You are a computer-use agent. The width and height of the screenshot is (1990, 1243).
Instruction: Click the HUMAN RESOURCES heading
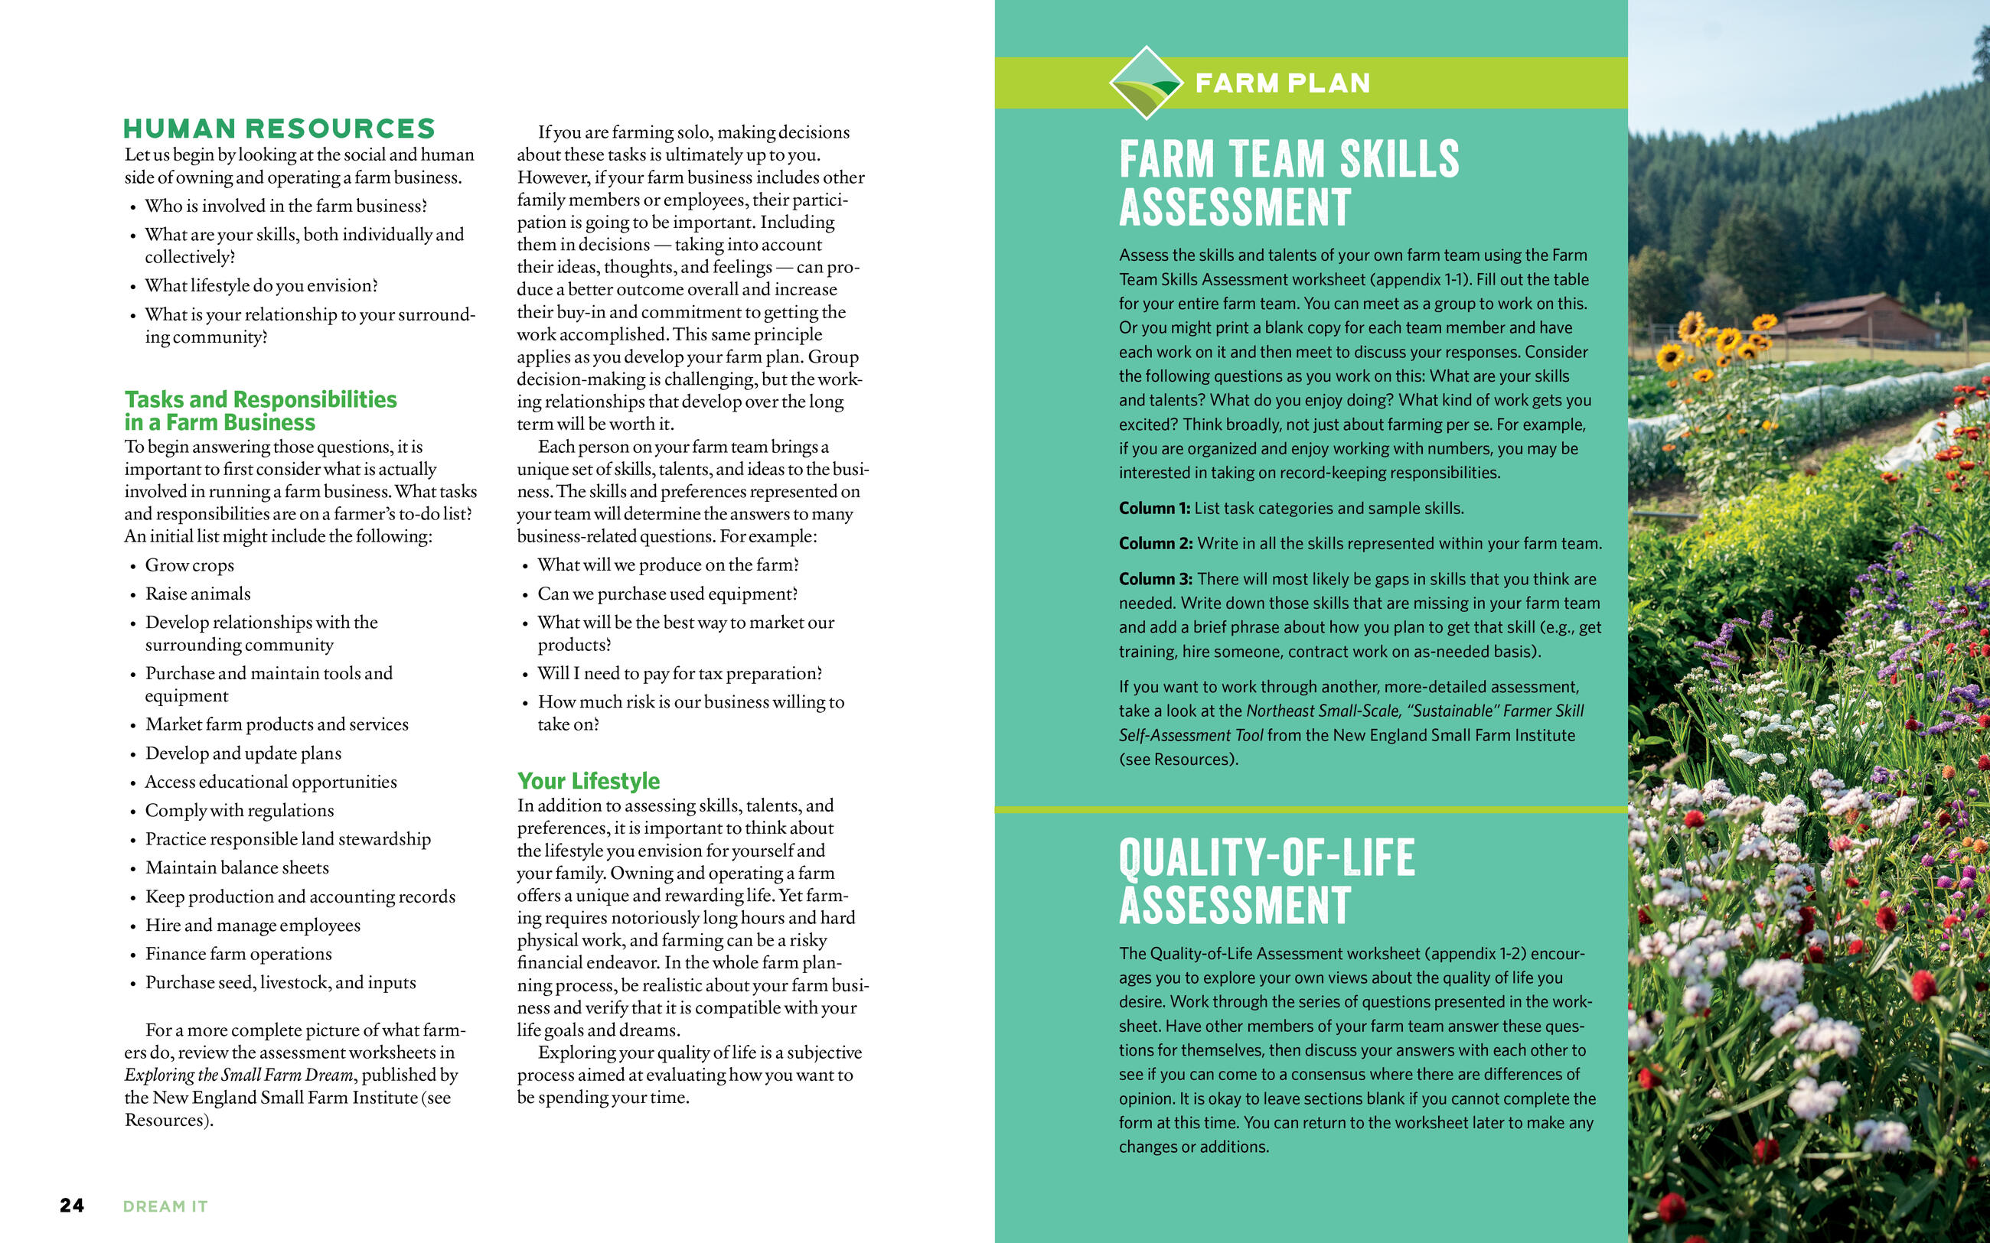279,129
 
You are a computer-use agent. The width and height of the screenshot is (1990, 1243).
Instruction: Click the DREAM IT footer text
165,1206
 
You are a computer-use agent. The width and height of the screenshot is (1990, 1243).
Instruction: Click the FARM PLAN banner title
1282,83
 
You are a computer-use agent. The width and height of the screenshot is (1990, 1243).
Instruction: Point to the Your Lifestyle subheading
588,780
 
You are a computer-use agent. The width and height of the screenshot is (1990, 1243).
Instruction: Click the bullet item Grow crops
189,565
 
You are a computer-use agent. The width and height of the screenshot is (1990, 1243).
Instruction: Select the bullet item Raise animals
197,594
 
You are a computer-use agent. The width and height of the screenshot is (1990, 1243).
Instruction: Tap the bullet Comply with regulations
240,810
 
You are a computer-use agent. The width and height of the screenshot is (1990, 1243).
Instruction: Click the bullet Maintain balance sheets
237,867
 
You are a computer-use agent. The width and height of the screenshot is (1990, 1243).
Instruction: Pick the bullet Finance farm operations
239,954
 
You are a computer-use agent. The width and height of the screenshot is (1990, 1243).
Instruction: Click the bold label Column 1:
1153,508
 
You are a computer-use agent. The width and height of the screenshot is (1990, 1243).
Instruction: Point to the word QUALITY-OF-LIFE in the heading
1267,857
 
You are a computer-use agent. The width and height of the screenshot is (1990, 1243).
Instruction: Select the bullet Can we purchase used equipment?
667,594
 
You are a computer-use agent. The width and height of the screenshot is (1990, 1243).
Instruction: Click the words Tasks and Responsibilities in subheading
261,399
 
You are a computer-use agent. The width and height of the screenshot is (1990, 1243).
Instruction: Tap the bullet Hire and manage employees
253,925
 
